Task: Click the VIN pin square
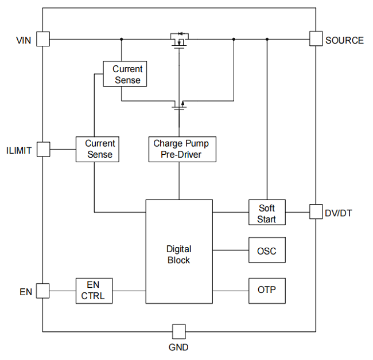42,39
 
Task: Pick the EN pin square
42,291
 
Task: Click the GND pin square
179,331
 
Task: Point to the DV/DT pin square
316,212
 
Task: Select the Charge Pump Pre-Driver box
182,149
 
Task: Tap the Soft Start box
266,213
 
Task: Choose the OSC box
266,251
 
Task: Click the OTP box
266,291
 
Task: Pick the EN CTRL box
94,291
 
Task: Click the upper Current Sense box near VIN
125,74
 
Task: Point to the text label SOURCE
344,40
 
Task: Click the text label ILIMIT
19,150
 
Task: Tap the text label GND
178,347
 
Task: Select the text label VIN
24,40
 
